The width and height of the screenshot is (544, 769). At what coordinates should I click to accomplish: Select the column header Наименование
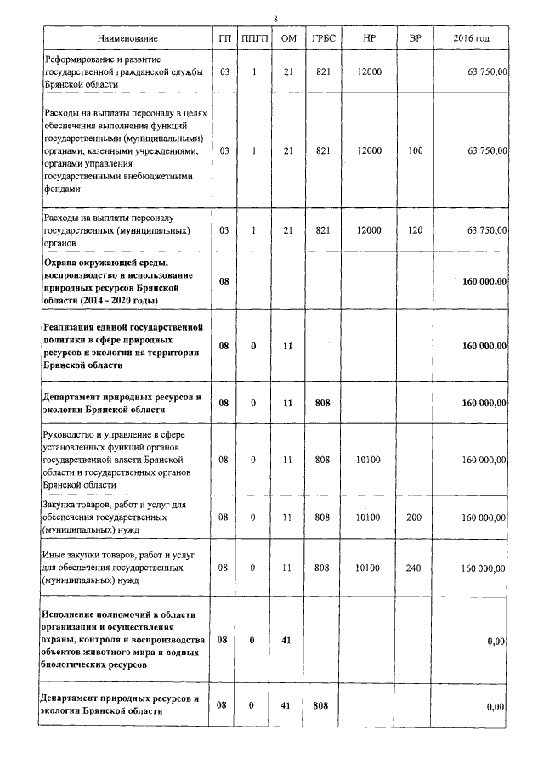click(x=127, y=39)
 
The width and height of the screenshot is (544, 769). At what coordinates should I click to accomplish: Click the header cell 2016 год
click(x=471, y=39)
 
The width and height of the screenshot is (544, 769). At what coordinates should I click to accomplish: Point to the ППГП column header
click(x=253, y=39)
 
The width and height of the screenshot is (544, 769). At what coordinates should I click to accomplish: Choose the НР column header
click(x=369, y=39)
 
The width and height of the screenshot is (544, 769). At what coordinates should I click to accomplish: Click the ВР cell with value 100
click(x=415, y=150)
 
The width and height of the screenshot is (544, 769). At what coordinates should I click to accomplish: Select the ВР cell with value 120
click(x=415, y=230)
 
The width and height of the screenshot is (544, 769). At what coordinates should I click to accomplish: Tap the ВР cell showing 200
click(x=415, y=517)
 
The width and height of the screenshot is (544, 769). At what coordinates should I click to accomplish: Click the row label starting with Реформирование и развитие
click(x=123, y=73)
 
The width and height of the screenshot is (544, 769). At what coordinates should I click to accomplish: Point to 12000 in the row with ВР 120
click(x=369, y=230)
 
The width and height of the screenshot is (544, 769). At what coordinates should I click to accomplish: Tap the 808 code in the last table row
click(x=322, y=706)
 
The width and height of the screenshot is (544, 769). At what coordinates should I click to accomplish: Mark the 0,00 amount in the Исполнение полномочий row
click(x=496, y=642)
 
